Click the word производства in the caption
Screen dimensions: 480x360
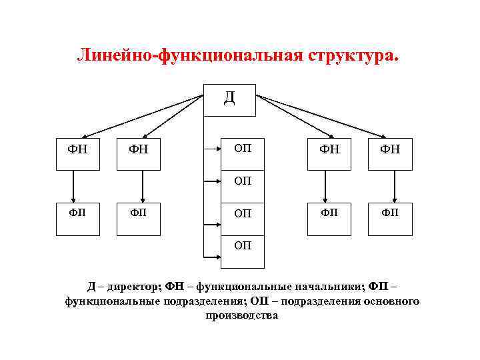point(242,316)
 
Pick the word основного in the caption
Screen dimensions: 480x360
point(389,301)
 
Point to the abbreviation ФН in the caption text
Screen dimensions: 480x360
point(175,287)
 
